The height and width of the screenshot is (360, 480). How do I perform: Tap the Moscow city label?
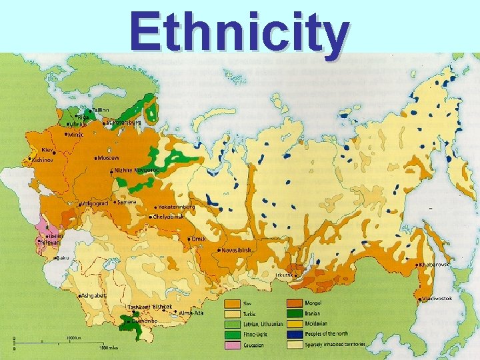[x=109, y=158]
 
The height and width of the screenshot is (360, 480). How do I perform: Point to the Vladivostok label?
[x=436, y=298]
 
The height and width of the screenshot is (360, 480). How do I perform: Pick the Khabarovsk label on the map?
[x=435, y=265]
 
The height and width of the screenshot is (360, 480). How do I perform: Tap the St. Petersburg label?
[x=125, y=122]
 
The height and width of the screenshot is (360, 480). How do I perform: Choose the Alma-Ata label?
[x=191, y=313]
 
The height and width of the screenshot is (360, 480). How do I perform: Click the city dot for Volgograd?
[x=79, y=203]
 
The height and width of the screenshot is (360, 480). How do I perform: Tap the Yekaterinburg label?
[x=177, y=207]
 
